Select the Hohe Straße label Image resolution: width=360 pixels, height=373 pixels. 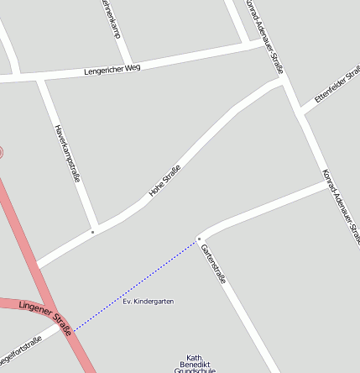(x=165, y=181)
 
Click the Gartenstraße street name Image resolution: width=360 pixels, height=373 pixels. (x=214, y=262)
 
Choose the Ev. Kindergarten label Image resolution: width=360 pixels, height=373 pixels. (x=148, y=301)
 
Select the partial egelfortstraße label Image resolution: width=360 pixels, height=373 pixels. (x=20, y=348)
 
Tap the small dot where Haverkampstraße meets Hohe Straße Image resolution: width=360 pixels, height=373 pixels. (x=92, y=230)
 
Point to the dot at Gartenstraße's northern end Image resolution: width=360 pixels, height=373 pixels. (x=199, y=239)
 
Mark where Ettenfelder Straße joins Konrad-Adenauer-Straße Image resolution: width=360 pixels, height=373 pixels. (x=300, y=113)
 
